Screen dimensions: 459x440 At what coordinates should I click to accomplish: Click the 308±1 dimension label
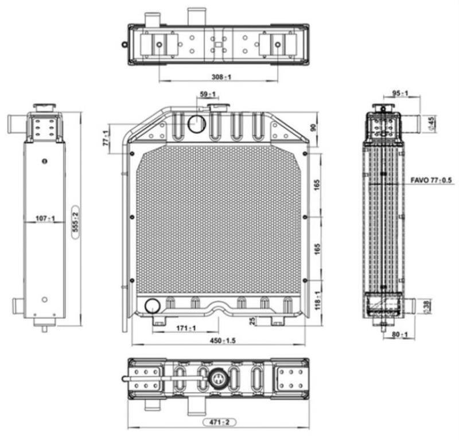coord(221,77)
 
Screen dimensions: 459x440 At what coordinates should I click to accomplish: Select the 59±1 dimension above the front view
coord(208,94)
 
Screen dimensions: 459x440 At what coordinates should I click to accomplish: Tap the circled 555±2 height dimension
coord(76,223)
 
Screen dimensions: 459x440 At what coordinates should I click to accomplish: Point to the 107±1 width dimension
coord(45,219)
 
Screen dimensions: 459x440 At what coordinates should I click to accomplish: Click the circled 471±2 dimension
coord(219,422)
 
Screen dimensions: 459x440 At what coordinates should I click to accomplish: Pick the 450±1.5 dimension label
coord(223,340)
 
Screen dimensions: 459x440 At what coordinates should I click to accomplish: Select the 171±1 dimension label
coord(186,328)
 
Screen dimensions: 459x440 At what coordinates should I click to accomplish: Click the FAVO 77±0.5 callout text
coord(431,180)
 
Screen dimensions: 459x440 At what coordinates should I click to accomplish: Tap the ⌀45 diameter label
coord(431,123)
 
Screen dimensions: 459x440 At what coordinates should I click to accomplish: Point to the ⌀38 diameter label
coord(427,306)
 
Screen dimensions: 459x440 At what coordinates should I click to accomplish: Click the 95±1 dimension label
coord(400,94)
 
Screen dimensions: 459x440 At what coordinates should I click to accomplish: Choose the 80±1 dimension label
coord(400,334)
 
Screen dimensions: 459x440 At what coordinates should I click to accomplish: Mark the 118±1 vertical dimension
coord(318,301)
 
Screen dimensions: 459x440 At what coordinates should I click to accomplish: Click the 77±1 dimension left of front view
coord(107,138)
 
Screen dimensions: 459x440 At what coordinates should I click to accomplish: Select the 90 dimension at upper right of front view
coord(313,127)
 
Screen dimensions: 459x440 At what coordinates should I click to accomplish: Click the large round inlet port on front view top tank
coord(197,124)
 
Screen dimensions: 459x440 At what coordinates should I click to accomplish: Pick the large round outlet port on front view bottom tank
coord(153,306)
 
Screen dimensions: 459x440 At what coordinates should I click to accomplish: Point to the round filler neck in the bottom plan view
coord(217,379)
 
